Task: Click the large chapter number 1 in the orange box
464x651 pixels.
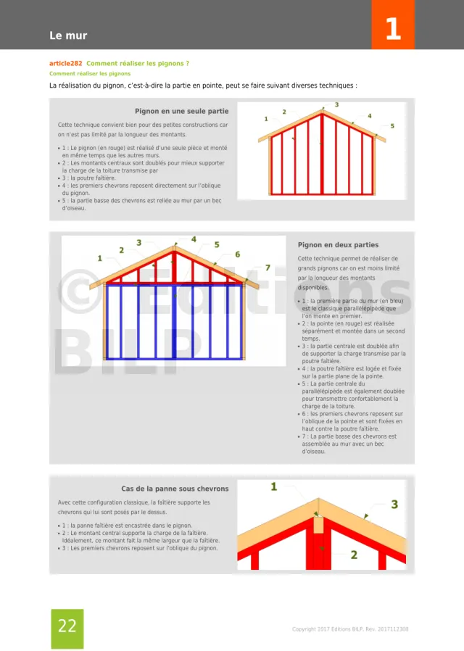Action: pyautogui.click(x=392, y=29)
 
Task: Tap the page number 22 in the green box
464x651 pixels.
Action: pyautogui.click(x=67, y=626)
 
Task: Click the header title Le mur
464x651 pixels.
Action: pyautogui.click(x=68, y=36)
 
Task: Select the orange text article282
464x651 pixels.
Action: pyautogui.click(x=70, y=64)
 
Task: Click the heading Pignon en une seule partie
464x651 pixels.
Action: pyautogui.click(x=181, y=112)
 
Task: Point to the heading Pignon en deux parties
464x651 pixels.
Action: pyautogui.click(x=338, y=245)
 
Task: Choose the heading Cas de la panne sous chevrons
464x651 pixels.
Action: pyautogui.click(x=175, y=489)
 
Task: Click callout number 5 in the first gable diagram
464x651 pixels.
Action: pyautogui.click(x=392, y=126)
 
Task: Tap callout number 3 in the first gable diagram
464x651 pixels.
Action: pyautogui.click(x=336, y=105)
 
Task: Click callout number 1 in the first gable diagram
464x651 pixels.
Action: pyautogui.click(x=266, y=118)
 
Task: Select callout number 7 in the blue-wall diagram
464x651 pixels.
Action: pyautogui.click(x=268, y=268)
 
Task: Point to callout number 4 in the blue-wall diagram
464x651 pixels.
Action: pyautogui.click(x=194, y=239)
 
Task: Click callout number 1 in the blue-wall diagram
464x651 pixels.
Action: pyautogui.click(x=100, y=258)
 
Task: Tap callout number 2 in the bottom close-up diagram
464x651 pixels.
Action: pyautogui.click(x=354, y=555)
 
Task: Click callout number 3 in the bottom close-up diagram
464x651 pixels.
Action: pyautogui.click(x=394, y=504)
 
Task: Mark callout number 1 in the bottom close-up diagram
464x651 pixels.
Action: pyautogui.click(x=274, y=486)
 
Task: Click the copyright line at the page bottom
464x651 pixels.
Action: pyautogui.click(x=349, y=629)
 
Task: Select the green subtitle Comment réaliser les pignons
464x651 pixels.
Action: pyautogui.click(x=90, y=73)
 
